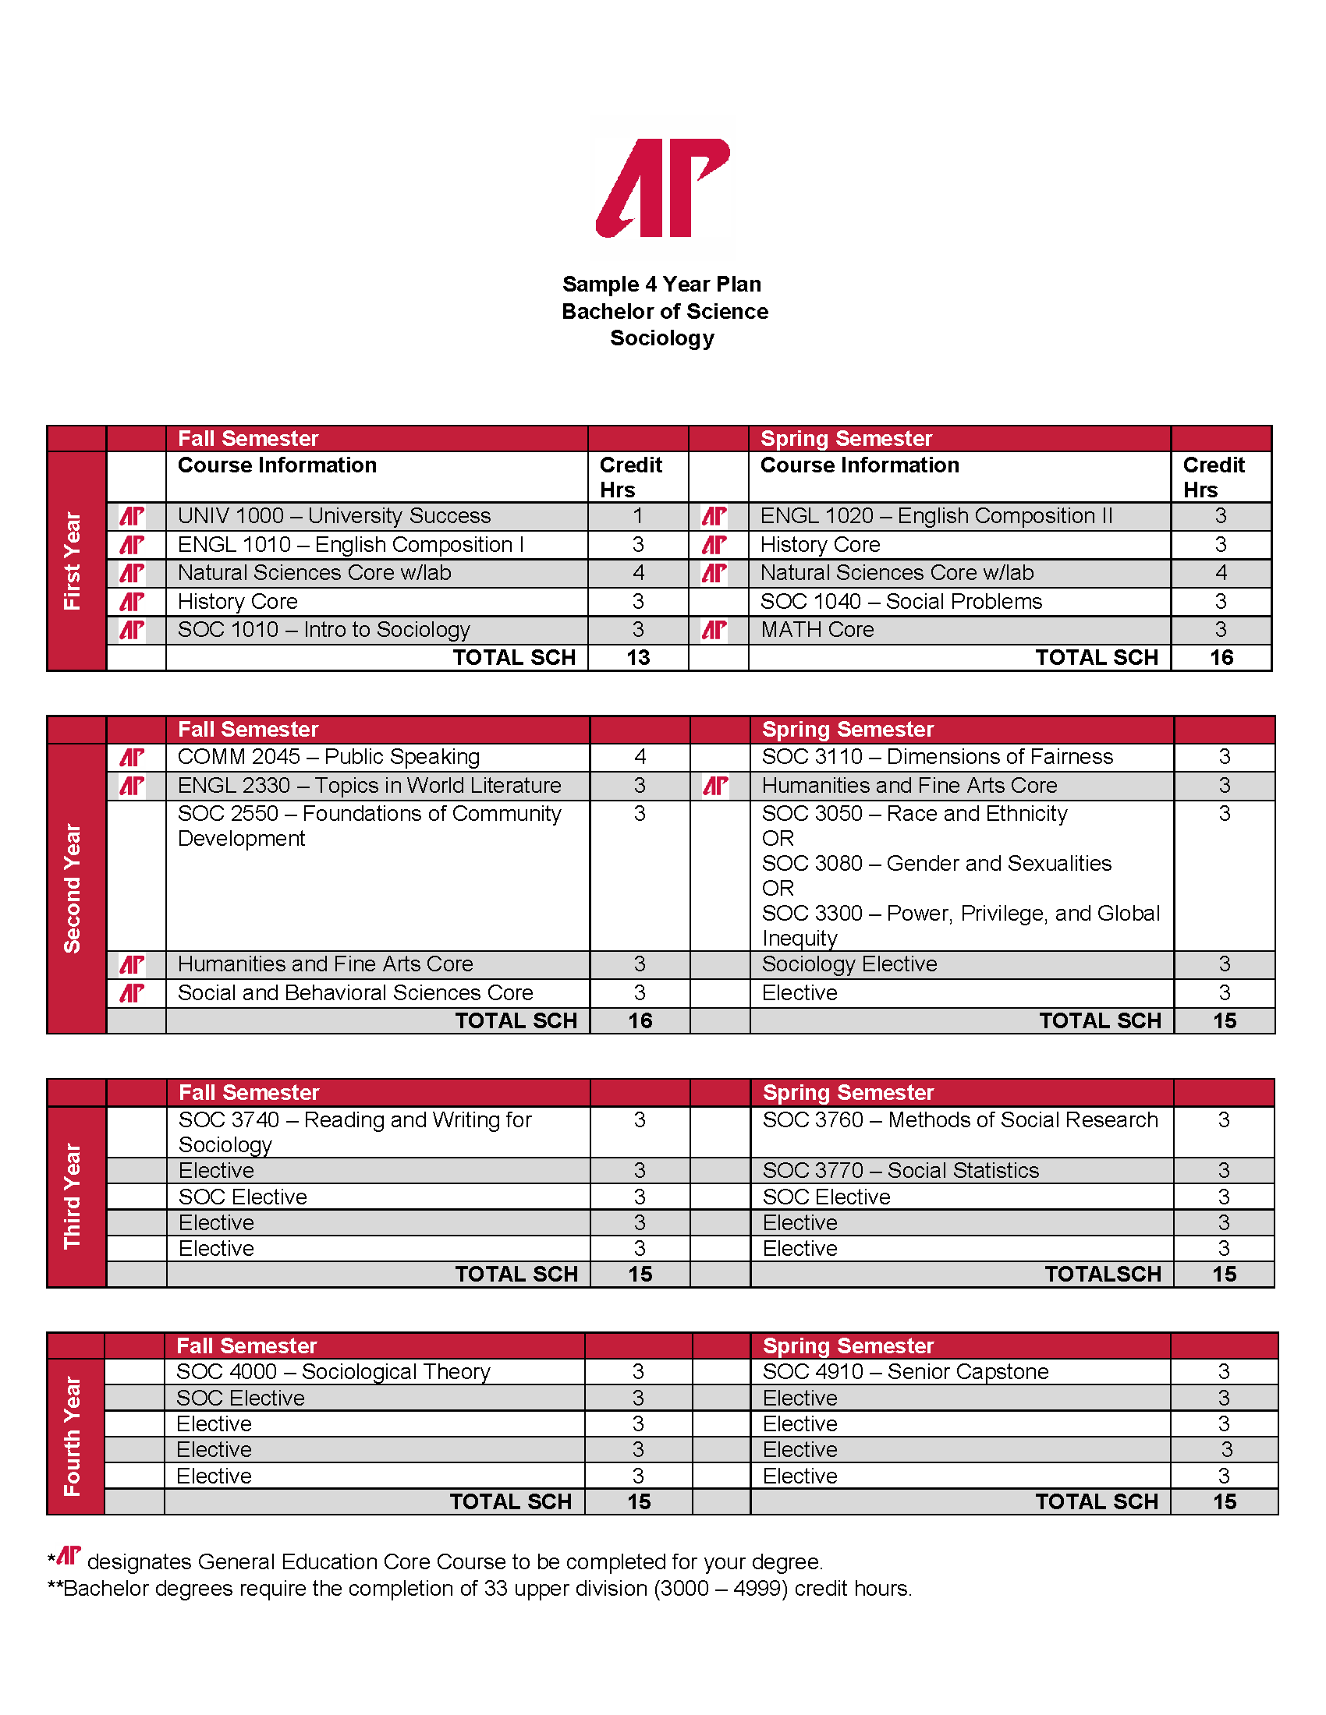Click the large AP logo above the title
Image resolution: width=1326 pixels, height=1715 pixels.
[x=662, y=188]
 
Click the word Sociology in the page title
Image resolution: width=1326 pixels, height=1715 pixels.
[x=662, y=338]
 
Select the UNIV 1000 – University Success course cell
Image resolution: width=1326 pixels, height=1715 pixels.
[x=334, y=516]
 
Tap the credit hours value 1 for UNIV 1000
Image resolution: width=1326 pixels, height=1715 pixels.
[x=638, y=516]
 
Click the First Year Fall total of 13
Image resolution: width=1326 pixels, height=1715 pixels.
[x=638, y=658]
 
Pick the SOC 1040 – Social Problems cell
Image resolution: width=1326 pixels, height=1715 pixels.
[x=901, y=602]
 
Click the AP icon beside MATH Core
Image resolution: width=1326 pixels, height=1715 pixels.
[x=714, y=630]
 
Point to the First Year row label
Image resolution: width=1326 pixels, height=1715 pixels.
[x=73, y=560]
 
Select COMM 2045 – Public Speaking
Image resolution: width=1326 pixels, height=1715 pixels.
[x=328, y=757]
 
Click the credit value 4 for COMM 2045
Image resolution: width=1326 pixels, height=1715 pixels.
[x=640, y=757]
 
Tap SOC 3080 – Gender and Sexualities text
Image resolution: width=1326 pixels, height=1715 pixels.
[x=936, y=864]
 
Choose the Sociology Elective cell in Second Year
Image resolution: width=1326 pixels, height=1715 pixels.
[x=849, y=964]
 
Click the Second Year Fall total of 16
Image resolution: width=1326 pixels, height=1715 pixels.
[x=640, y=1021]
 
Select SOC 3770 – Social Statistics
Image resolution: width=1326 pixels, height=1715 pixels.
[x=900, y=1171]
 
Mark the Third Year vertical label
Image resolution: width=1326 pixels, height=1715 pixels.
[x=73, y=1195]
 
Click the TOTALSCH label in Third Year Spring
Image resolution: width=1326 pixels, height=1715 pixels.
[x=1102, y=1275]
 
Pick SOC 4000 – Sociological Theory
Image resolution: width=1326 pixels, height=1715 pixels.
[x=333, y=1372]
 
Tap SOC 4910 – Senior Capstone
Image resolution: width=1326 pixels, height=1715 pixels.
[x=905, y=1372]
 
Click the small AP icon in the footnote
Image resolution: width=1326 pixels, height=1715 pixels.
[x=69, y=1556]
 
